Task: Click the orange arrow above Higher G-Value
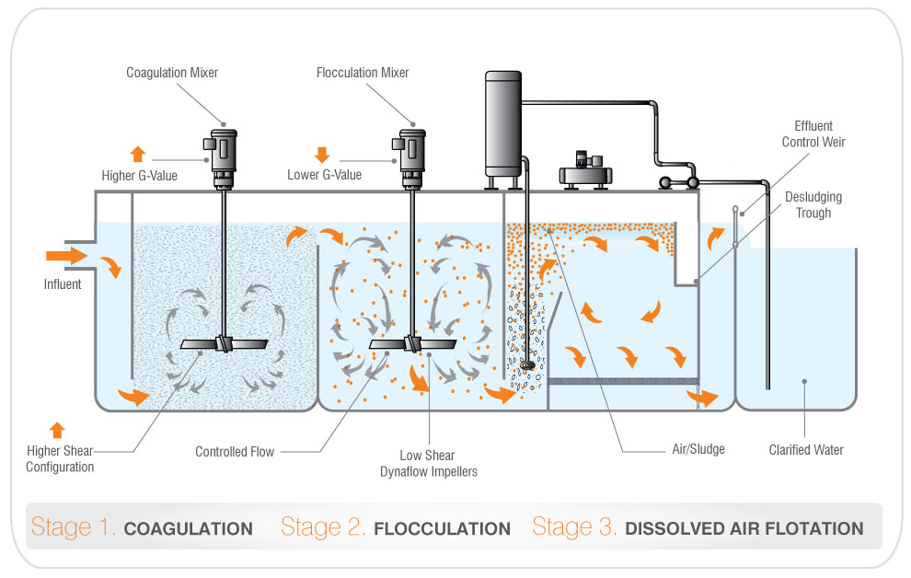pyautogui.click(x=137, y=154)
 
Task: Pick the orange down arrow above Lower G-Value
pyautogui.click(x=322, y=154)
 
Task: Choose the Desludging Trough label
pyautogui.click(x=813, y=205)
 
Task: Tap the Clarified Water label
pyautogui.click(x=806, y=450)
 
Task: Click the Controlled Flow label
pyautogui.click(x=234, y=452)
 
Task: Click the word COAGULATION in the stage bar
pyautogui.click(x=188, y=529)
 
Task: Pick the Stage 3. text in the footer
pyautogui.click(x=574, y=528)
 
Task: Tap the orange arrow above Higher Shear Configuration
pyautogui.click(x=57, y=428)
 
